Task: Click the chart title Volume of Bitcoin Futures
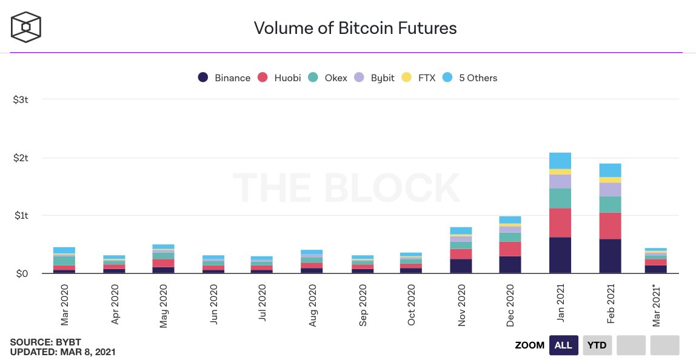pos(355,27)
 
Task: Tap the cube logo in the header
pos(25,27)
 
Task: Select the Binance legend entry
pos(224,78)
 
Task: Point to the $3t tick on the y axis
pos(21,99)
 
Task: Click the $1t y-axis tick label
pos(21,215)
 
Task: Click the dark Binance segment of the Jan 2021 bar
pos(560,255)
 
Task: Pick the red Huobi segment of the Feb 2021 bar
pos(610,225)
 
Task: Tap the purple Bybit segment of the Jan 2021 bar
pos(560,181)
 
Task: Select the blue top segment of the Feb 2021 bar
pos(610,170)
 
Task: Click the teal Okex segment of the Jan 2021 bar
pos(560,198)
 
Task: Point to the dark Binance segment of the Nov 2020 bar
pos(461,266)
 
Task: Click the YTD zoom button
pos(598,345)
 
